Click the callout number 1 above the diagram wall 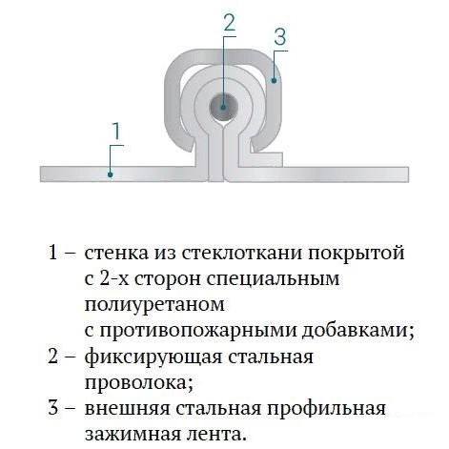coord(116,131)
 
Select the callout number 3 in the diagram coord(279,36)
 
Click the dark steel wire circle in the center coord(224,107)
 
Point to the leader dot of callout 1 coord(111,174)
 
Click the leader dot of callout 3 coord(274,81)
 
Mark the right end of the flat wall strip coord(408,174)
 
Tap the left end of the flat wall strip coord(41,174)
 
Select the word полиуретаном coord(154,305)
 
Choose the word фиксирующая coord(153,357)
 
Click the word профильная coord(326,408)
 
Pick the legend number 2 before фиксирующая coord(53,357)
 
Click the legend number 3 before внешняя coord(53,408)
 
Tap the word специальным coord(273,279)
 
